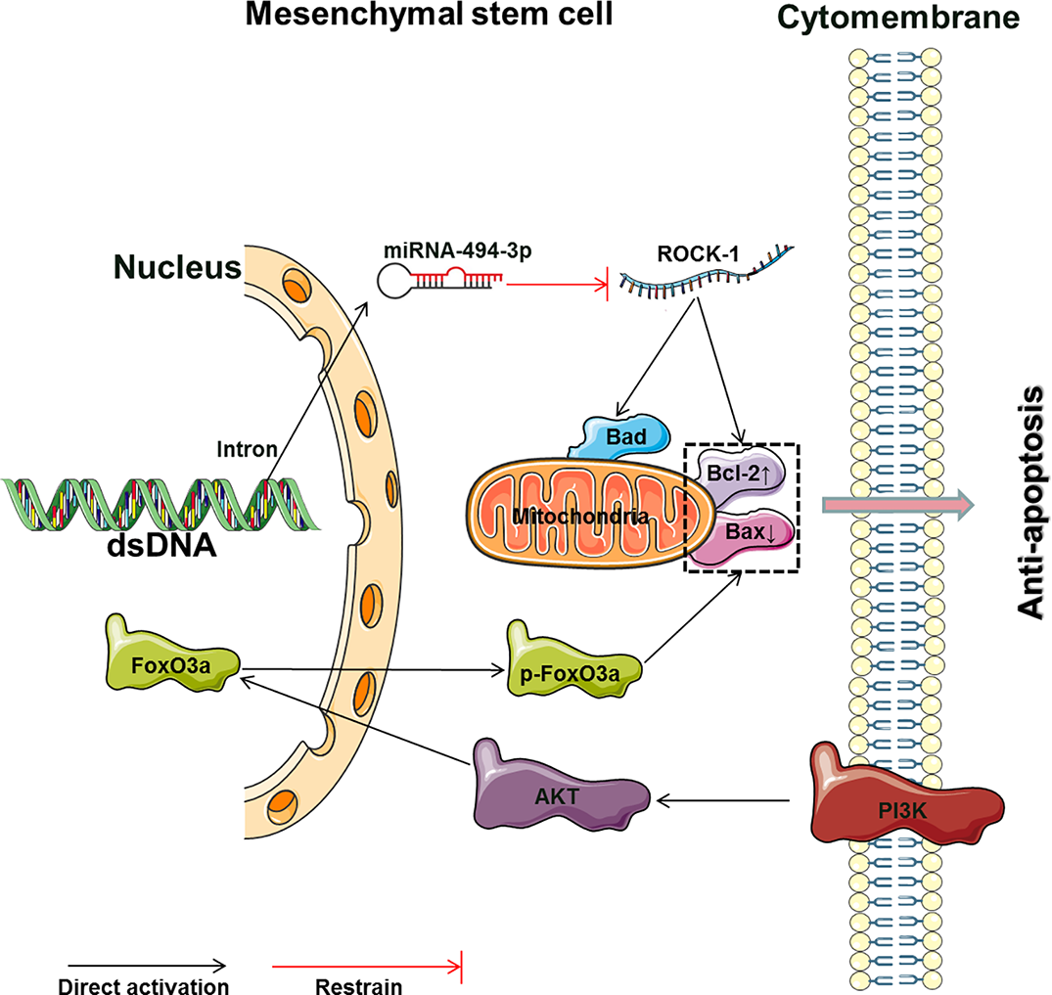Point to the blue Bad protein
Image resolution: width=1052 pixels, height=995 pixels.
[x=627, y=436]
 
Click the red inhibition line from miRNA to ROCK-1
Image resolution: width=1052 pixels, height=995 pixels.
[x=558, y=287]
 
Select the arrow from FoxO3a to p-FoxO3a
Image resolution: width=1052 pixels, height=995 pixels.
[x=372, y=671]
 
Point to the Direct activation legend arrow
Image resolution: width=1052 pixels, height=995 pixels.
[x=143, y=964]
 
